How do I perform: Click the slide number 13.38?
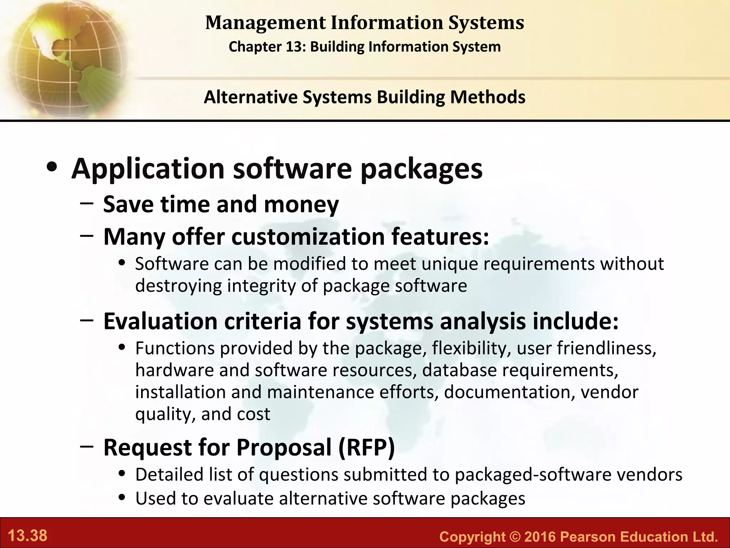[27, 536]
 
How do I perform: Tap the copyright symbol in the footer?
[514, 537]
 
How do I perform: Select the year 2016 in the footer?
[540, 537]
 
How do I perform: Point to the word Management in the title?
[265, 23]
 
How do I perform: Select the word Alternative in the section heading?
[250, 97]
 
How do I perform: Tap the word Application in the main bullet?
[148, 169]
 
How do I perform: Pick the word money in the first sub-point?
[301, 204]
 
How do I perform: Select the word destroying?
[178, 286]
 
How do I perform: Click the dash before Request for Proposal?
[87, 446]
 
